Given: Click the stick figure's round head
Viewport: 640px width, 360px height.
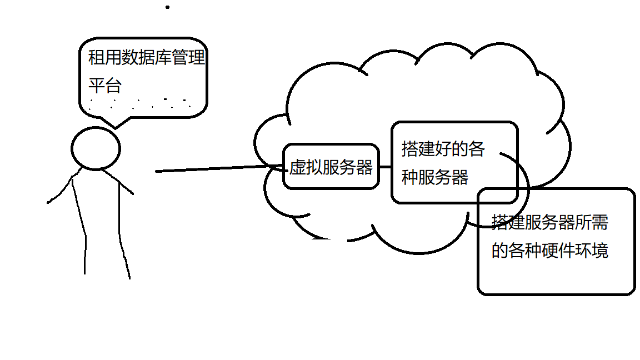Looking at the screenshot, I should (x=96, y=148).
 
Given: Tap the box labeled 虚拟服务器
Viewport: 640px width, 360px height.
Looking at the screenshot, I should (x=331, y=167).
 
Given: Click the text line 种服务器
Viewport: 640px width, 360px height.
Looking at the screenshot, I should (x=434, y=177).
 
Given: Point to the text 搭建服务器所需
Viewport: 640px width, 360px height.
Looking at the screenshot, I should (x=549, y=222).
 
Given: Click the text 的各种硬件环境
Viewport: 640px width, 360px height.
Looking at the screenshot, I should (x=549, y=250).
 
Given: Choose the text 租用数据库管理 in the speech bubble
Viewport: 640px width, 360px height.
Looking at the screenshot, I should (x=147, y=58).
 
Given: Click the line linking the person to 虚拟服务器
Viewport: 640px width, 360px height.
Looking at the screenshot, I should (x=217, y=169).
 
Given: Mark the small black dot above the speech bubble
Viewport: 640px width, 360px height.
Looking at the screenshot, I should (x=167, y=7).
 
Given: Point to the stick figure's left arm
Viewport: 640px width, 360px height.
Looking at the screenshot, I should (x=60, y=190).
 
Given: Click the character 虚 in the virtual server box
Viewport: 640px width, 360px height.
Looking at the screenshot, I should (x=297, y=167).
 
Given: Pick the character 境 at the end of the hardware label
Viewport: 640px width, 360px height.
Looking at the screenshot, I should (x=600, y=250).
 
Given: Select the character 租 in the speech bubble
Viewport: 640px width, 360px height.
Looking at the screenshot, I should (x=97, y=58).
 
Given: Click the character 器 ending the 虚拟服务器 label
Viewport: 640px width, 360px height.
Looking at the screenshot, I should (x=364, y=167).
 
